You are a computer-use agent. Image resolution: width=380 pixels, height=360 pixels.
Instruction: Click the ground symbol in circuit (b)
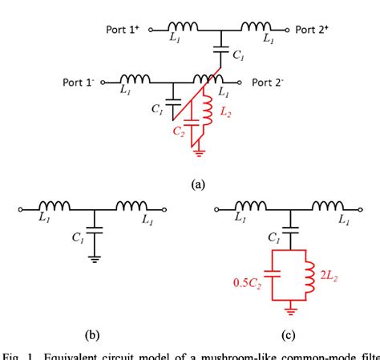(95, 259)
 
